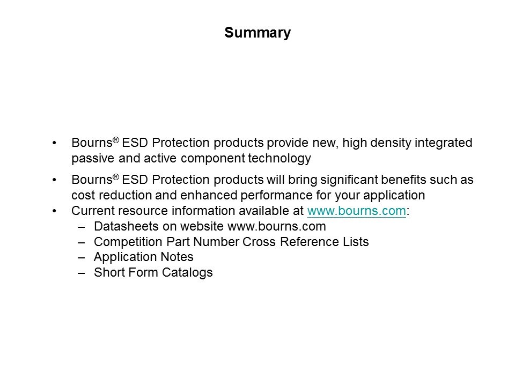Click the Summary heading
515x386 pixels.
tap(257, 33)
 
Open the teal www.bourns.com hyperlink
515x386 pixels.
tap(357, 211)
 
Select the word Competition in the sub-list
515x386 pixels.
tap(128, 242)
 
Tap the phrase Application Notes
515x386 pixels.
tap(144, 257)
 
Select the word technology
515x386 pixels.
tap(279, 158)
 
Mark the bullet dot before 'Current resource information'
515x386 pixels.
tap(54, 211)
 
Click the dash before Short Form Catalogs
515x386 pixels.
tap(82, 273)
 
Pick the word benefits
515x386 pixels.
tap(403, 180)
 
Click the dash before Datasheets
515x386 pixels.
tap(82, 227)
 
